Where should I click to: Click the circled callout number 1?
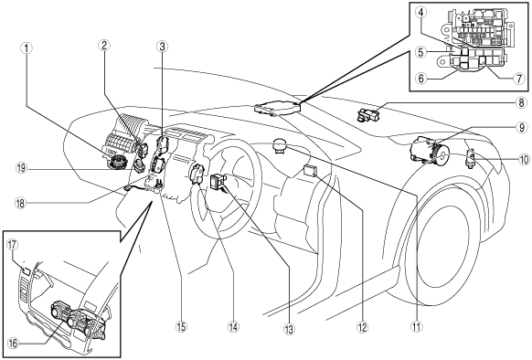pyautogui.click(x=27, y=48)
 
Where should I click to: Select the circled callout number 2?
pyautogui.click(x=104, y=45)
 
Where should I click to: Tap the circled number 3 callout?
pyautogui.click(x=162, y=47)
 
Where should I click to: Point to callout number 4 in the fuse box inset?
pyautogui.click(x=420, y=13)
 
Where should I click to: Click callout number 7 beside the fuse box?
pyautogui.click(x=518, y=79)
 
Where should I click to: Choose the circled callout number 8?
pyautogui.click(x=521, y=102)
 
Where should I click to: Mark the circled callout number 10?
pyautogui.click(x=524, y=159)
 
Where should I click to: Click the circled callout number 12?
pyautogui.click(x=362, y=327)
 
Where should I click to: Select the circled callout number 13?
pyautogui.click(x=289, y=328)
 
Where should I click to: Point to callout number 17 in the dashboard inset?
pyautogui.click(x=13, y=245)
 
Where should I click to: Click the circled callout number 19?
pyautogui.click(x=21, y=168)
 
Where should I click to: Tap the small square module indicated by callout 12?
pyautogui.click(x=310, y=170)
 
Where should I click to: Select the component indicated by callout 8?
pyautogui.click(x=367, y=114)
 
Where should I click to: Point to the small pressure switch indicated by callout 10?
pyautogui.click(x=472, y=155)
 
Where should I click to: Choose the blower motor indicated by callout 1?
pyautogui.click(x=117, y=161)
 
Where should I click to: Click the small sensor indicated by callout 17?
pyautogui.click(x=27, y=271)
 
